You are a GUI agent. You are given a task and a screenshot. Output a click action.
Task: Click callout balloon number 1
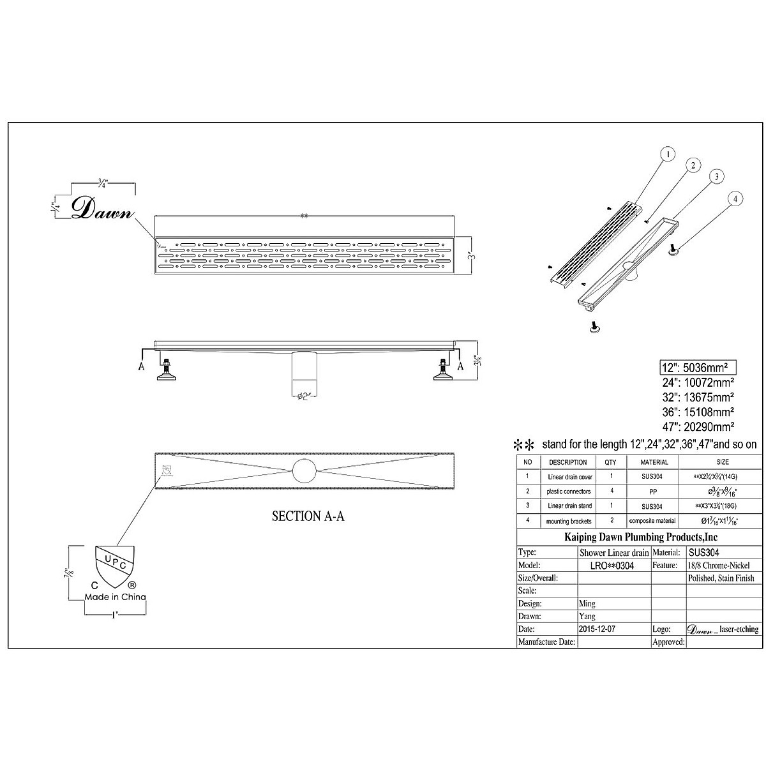[668, 154]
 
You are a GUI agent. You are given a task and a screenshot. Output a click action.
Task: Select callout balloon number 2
[691, 165]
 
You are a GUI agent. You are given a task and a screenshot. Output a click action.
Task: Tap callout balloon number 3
[717, 176]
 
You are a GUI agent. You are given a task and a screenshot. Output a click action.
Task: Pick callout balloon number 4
[735, 199]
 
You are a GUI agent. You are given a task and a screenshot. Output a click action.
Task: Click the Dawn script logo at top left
[103, 209]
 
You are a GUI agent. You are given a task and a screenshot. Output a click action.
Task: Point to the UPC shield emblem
[114, 562]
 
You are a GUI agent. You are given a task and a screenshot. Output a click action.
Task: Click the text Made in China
[116, 597]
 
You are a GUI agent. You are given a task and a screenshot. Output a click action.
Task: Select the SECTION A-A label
[308, 517]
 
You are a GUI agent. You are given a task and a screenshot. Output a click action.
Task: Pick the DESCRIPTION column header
[567, 462]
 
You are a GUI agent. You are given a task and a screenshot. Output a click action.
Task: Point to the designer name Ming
[588, 603]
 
